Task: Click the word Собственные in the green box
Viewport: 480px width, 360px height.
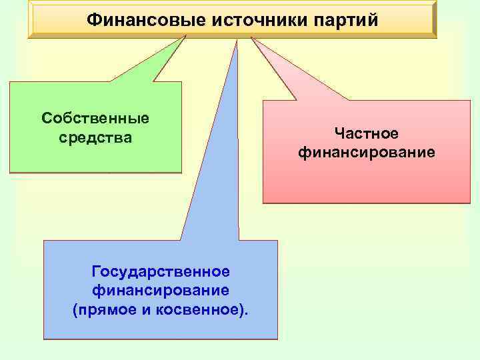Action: click(x=95, y=119)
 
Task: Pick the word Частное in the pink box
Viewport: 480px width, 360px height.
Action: click(x=366, y=135)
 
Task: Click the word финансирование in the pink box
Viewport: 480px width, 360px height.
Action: click(x=366, y=153)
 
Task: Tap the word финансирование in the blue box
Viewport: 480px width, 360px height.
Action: click(x=161, y=291)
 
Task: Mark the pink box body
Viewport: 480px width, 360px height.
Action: click(x=366, y=183)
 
